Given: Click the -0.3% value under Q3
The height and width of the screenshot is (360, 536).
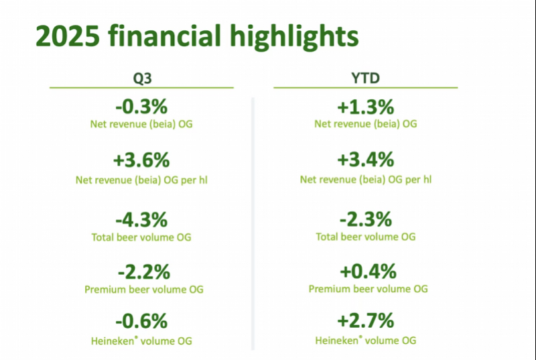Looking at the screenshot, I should point(141,107).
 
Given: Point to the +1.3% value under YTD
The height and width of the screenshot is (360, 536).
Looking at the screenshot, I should point(365,107).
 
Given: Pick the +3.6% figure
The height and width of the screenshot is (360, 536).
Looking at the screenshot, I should point(141,161).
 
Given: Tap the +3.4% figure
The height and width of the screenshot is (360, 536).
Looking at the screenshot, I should point(365,161).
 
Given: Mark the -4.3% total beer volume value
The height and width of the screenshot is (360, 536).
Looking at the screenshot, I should point(141,219).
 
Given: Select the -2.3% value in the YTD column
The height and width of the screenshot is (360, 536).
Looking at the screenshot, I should point(365,219).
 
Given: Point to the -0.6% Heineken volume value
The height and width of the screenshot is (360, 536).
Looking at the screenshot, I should point(141,321).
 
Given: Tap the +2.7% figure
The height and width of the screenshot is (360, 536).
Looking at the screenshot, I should point(365,321).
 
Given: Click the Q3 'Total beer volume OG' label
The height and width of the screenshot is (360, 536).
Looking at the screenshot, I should point(141,237).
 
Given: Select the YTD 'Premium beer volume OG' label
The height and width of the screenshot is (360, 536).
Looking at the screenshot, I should point(368,289).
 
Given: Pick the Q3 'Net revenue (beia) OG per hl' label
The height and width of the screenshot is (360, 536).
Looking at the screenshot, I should point(141,179).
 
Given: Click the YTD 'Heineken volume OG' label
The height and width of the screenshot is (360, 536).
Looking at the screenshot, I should point(365,340).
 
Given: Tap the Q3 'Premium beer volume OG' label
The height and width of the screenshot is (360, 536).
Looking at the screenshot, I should point(143,290).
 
